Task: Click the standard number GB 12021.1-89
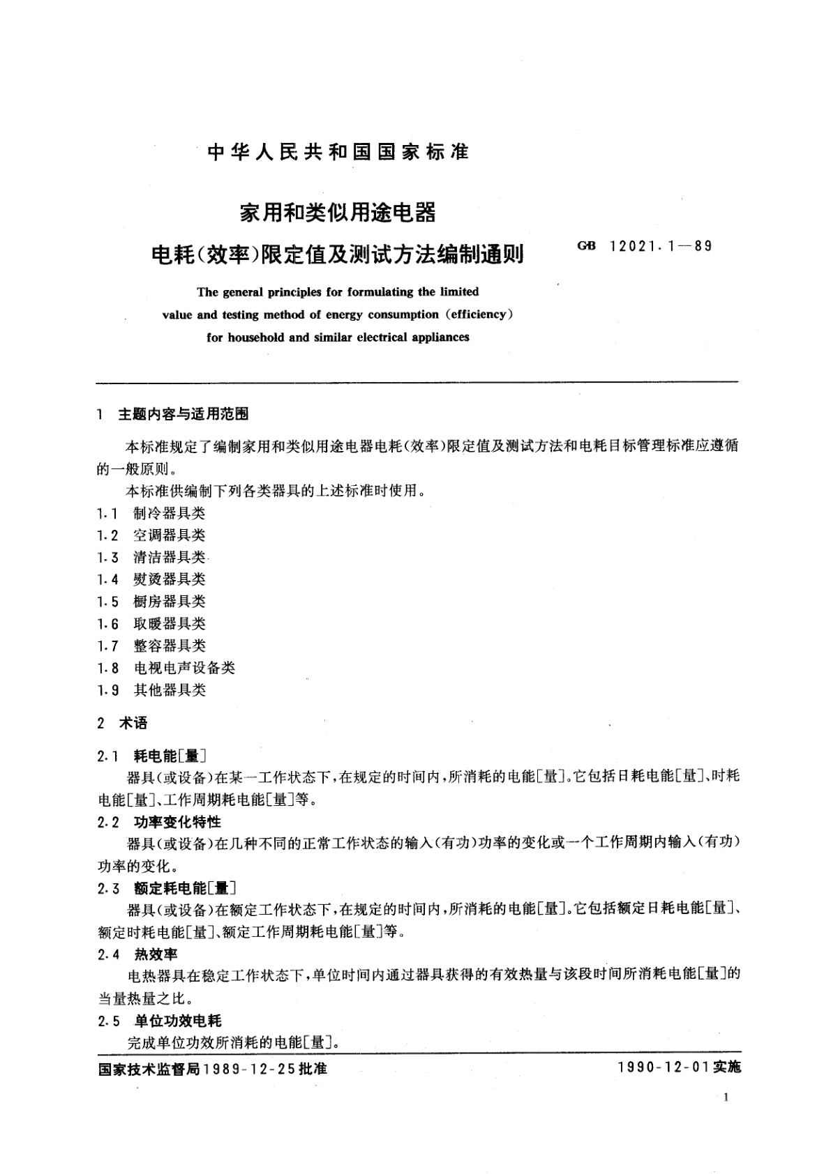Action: [645, 246]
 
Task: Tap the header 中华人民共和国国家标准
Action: [339, 152]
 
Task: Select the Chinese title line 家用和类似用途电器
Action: [338, 213]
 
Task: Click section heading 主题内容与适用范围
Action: [184, 414]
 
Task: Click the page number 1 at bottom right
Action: [726, 1098]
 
